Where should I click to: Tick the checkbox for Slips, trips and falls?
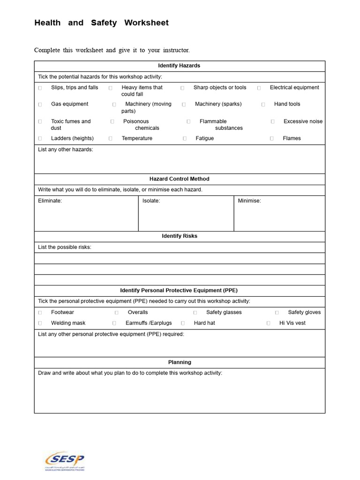coord(40,88)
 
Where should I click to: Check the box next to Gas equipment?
coord(40,105)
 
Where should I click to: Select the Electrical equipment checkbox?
coord(259,88)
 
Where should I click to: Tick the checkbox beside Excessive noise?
coord(272,121)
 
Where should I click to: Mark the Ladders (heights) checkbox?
coord(40,138)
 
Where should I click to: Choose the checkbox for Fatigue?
coord(185,138)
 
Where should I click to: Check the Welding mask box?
coord(40,323)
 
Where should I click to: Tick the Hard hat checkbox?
coord(183,323)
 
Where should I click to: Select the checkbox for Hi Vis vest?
coord(268,323)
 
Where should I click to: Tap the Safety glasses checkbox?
coord(195,313)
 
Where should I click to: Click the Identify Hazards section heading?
coord(179,66)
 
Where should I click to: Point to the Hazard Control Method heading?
coord(179,179)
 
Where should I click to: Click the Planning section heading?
coord(180,362)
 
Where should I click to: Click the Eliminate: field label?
coord(50,201)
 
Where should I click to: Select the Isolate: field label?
coord(151,201)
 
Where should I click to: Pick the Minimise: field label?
coord(249,201)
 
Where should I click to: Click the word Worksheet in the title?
coord(146,23)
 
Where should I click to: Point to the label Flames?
coord(292,138)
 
